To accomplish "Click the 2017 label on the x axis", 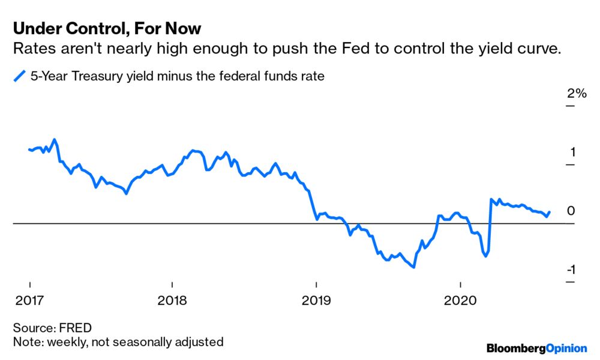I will pos(29,299).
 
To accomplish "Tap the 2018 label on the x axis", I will pos(172,299).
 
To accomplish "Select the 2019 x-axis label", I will pos(316,299).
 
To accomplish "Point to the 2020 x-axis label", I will pos(460,299).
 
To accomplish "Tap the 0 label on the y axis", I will pos(571,211).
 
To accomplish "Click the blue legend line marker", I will pos(20,76).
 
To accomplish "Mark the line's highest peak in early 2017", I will pos(55,140).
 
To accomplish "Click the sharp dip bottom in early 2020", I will pos(485,256).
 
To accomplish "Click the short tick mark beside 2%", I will pos(569,106).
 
